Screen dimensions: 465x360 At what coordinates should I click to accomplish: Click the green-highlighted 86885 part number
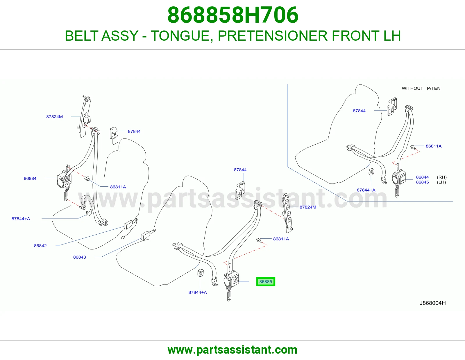click(x=266, y=282)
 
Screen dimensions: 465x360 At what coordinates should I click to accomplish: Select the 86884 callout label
click(x=30, y=178)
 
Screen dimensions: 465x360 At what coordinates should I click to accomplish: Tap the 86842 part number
click(x=40, y=246)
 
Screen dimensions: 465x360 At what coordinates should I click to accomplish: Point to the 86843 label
click(x=79, y=257)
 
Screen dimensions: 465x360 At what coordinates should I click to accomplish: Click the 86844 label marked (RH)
click(x=422, y=177)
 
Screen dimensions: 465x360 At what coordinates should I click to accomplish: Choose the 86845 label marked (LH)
click(x=422, y=182)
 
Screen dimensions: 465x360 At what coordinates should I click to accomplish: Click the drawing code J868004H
click(x=432, y=303)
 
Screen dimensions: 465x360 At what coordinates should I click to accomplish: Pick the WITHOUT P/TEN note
click(x=421, y=88)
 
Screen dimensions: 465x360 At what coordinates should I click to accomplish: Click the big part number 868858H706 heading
click(x=233, y=15)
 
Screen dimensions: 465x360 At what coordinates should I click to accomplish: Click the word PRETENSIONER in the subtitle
click(x=272, y=36)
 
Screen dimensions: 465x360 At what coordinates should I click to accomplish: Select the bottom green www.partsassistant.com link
click(x=233, y=350)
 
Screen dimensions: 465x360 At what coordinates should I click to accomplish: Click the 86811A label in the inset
click(x=434, y=146)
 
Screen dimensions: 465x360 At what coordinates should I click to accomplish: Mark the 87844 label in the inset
click(x=359, y=111)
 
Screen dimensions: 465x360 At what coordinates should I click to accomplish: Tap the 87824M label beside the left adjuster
click(x=54, y=116)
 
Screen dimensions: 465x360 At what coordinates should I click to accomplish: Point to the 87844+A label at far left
click(x=21, y=219)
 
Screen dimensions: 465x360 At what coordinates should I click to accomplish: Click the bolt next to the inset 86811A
click(x=413, y=147)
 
